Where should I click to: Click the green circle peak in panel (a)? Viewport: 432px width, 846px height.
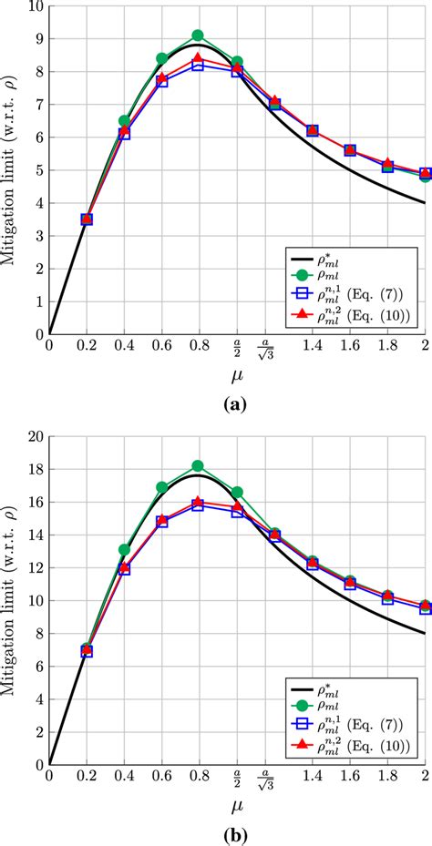tap(198, 36)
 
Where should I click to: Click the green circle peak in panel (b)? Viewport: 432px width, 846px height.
tap(198, 466)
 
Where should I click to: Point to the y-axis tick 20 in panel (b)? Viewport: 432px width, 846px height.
tap(34, 437)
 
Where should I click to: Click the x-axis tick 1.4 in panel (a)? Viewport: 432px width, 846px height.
tap(312, 347)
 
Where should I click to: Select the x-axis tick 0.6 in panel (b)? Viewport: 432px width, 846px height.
tap(161, 777)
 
